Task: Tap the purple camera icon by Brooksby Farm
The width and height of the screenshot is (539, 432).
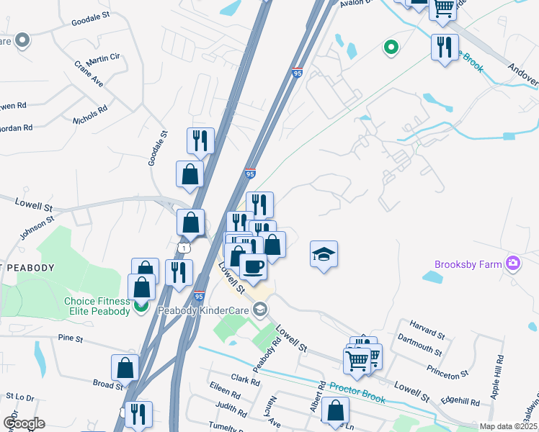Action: [513, 264]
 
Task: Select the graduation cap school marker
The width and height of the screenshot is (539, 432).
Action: [324, 254]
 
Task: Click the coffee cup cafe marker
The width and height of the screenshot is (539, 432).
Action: [253, 266]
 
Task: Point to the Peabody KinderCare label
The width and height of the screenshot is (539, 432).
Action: [214, 310]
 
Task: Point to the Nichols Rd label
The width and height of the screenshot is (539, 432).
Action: [91, 115]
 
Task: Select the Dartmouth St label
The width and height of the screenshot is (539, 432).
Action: [419, 349]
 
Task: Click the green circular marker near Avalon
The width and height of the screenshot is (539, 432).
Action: [391, 48]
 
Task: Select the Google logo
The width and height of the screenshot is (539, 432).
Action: [24, 423]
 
